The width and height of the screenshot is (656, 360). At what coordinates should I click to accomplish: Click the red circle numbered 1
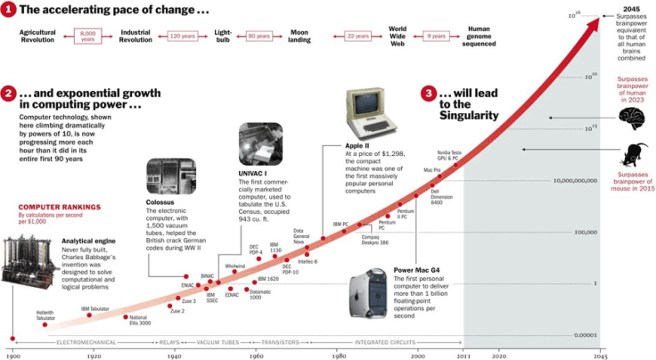[8, 10]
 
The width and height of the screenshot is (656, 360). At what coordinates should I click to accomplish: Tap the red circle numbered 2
[8, 94]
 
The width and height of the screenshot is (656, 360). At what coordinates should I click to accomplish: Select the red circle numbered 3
[430, 94]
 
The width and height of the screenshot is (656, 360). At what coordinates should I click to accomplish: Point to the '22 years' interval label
[357, 37]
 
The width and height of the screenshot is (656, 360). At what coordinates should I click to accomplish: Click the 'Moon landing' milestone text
[299, 37]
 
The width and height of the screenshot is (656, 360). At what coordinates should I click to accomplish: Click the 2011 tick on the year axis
[463, 355]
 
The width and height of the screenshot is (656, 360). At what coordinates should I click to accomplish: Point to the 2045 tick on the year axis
[600, 355]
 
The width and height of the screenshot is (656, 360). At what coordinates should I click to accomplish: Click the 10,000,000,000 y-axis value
[572, 180]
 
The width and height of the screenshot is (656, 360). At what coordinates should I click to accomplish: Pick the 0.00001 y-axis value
[584, 335]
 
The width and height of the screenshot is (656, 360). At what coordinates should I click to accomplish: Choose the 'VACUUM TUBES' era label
[216, 341]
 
